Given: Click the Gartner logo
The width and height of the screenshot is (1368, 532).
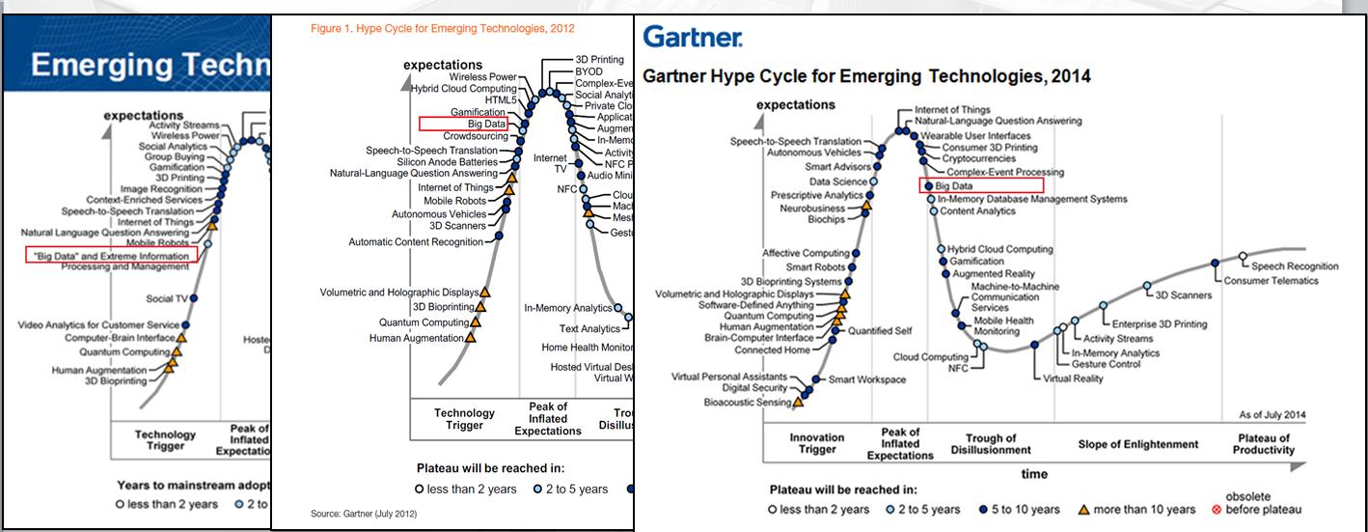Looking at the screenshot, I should point(692,39).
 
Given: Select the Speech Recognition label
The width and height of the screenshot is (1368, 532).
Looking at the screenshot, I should point(1295,266).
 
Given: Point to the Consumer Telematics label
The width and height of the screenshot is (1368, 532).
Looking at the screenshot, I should point(1271,281).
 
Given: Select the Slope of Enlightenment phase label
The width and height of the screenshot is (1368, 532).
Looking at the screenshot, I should point(1138,444).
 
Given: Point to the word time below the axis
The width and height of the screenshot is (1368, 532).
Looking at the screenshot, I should point(1035,474).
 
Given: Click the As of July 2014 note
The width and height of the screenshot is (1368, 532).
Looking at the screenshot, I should point(1272,415).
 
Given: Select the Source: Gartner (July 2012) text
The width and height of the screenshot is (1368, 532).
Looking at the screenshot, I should point(364,514).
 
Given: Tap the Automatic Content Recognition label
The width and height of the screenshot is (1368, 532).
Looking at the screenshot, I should point(415,242).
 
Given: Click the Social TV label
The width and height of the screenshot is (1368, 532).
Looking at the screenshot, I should point(166,299).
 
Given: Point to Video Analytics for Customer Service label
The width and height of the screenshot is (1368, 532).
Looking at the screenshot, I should point(98,325).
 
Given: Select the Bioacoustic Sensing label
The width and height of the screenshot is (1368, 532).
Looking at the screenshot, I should point(748,402).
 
